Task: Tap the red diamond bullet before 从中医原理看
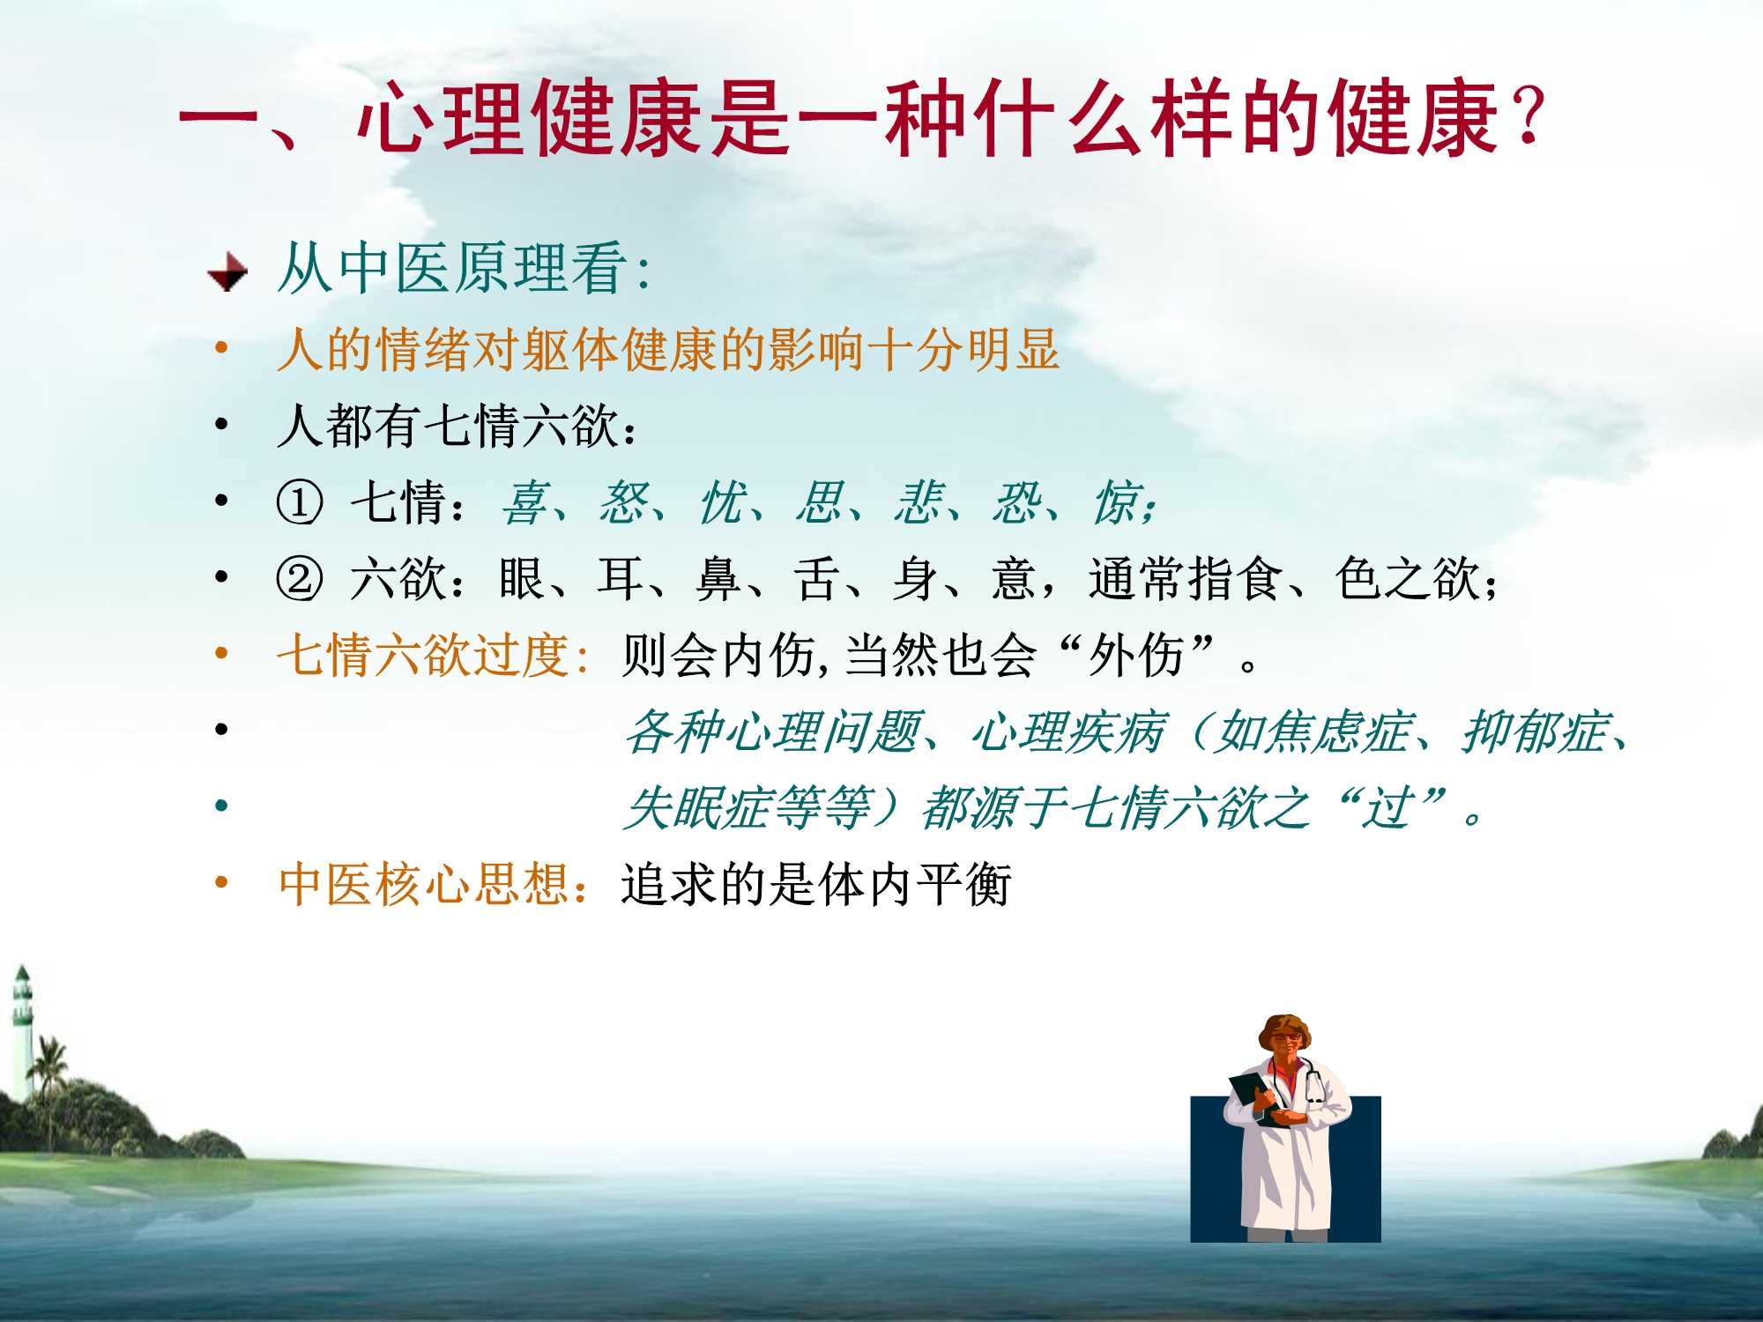click(227, 271)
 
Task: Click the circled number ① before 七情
click(300, 503)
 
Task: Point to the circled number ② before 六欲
click(300, 579)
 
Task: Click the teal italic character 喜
click(525, 503)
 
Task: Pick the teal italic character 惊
click(1117, 503)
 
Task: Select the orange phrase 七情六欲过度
click(423, 656)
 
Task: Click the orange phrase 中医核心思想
click(423, 884)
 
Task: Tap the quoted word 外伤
click(1136, 656)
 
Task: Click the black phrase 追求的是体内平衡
click(816, 884)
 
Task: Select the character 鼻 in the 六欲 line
click(718, 579)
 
